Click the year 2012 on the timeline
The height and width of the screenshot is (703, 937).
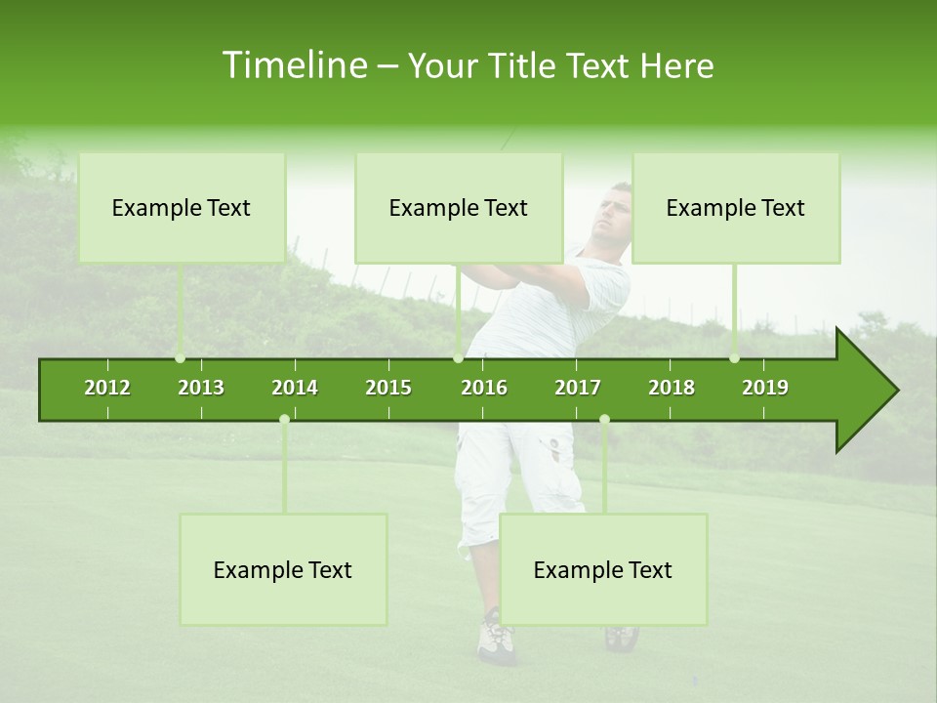pyautogui.click(x=107, y=388)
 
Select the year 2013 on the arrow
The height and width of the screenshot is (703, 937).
pyautogui.click(x=201, y=388)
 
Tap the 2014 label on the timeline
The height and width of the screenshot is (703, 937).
pyautogui.click(x=295, y=388)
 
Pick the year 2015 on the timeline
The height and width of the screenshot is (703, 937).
pyautogui.click(x=388, y=388)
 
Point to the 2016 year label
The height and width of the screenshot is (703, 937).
pyautogui.click(x=484, y=388)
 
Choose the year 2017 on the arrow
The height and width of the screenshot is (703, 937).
pyautogui.click(x=578, y=388)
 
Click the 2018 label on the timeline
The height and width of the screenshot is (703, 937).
pyautogui.click(x=672, y=388)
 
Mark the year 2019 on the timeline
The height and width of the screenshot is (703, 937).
pyautogui.click(x=765, y=388)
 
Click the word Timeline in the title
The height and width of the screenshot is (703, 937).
pyautogui.click(x=294, y=65)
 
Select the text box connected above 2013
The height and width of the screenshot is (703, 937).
pyautogui.click(x=182, y=208)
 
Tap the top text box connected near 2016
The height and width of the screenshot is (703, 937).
pyautogui.click(x=459, y=208)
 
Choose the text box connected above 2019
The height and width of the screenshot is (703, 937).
pyautogui.click(x=736, y=208)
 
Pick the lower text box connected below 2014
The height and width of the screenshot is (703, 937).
pyautogui.click(x=283, y=570)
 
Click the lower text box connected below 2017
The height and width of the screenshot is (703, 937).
pyautogui.click(x=603, y=570)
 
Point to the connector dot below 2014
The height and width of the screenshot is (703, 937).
pyautogui.click(x=284, y=419)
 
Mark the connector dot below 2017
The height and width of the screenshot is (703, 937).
pyautogui.click(x=604, y=419)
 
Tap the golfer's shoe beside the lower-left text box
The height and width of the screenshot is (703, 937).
pyautogui.click(x=495, y=641)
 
